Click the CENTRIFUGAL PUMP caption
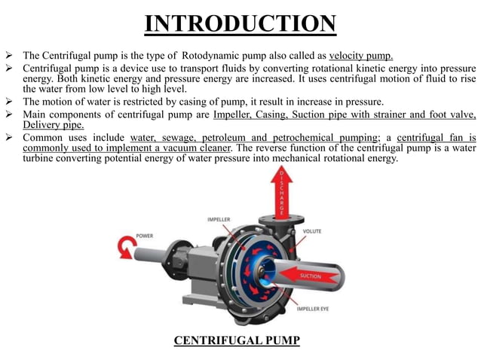pyautogui.click(x=237, y=340)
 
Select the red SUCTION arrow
pyautogui.click(x=310, y=276)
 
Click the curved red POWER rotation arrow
pyautogui.click(x=124, y=247)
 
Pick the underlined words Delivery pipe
pyautogui.click(x=54, y=125)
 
